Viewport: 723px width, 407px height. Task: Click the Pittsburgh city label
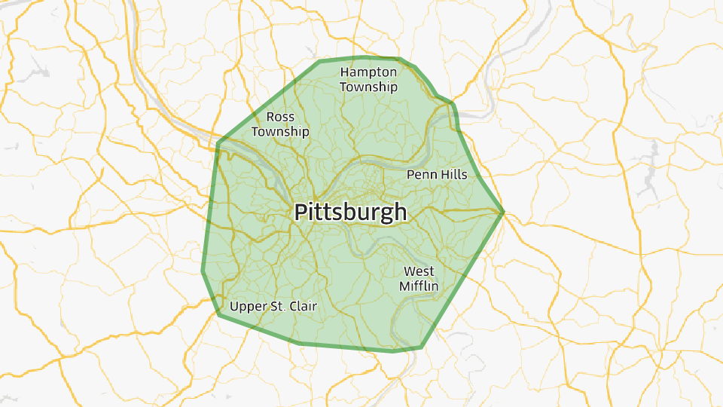coord(350,212)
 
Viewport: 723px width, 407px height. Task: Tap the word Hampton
coord(368,72)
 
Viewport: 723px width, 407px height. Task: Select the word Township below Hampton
coord(368,87)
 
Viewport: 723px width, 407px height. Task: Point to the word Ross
coord(280,117)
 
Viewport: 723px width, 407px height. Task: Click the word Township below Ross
coord(280,132)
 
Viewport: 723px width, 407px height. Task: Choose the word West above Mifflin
coord(419,271)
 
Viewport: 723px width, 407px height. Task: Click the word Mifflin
coord(419,286)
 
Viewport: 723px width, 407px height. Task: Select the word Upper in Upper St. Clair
coord(247,307)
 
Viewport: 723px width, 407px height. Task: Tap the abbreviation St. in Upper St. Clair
coord(276,307)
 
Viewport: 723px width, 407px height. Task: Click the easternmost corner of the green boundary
coord(503,213)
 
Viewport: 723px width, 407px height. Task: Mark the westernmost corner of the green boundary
coord(203,271)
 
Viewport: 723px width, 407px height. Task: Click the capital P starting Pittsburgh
coord(300,212)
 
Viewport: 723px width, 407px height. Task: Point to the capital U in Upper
coord(234,307)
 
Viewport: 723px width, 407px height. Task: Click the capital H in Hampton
coord(345,72)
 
